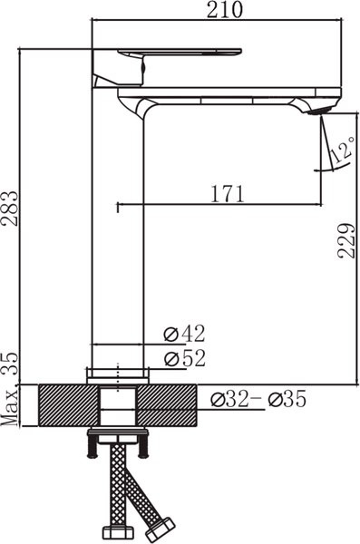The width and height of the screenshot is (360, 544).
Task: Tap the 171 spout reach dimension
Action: tap(228, 193)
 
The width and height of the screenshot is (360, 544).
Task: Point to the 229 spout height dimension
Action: tap(345, 239)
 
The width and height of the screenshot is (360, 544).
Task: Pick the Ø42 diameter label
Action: tap(185, 334)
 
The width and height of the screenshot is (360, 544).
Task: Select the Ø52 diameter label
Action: tap(185, 358)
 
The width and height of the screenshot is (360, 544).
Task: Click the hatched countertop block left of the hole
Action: tap(69, 405)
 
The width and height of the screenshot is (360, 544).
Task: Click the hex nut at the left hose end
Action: tap(115, 529)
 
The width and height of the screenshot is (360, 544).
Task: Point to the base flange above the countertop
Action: tap(118, 374)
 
